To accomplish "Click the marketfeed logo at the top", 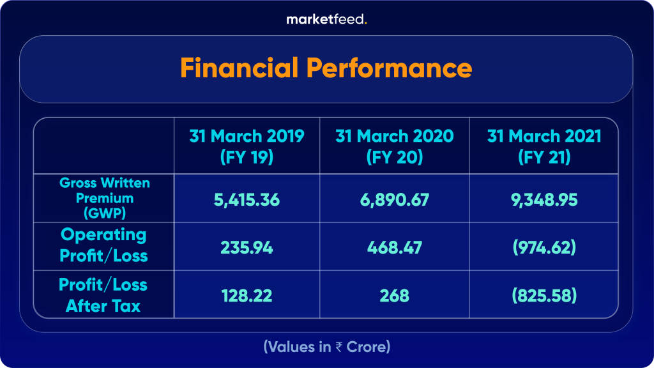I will (x=326, y=19).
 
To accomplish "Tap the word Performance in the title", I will (x=397, y=68).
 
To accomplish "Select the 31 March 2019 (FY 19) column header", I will (x=247, y=146).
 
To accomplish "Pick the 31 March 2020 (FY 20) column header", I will (x=394, y=146).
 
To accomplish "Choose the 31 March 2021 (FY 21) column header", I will (x=544, y=146).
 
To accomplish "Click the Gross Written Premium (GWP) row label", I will (x=105, y=198).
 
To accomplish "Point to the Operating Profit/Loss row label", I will (x=103, y=245).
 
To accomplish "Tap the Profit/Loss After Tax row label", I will (x=103, y=295).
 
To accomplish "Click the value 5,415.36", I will (x=247, y=200).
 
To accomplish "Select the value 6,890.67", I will (x=394, y=200).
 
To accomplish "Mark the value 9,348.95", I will (x=544, y=200).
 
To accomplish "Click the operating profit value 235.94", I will (x=247, y=247).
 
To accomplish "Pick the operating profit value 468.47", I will (x=394, y=247).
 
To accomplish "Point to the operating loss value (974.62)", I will (x=544, y=247).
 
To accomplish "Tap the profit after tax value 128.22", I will (x=247, y=296).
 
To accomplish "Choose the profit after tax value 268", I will (x=394, y=296).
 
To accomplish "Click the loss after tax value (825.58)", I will (x=544, y=296).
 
